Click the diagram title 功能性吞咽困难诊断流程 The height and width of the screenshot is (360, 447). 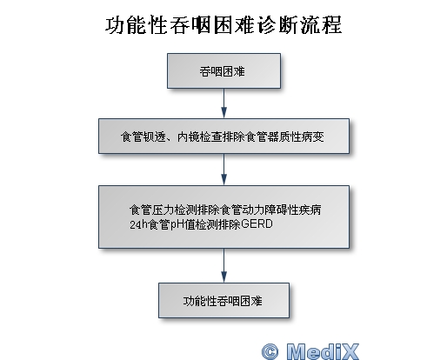223,25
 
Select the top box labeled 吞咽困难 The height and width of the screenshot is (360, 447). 223,71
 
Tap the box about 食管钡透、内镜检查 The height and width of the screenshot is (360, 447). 223,136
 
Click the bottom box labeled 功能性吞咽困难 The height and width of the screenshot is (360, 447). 223,300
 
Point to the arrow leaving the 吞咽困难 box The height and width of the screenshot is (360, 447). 223,103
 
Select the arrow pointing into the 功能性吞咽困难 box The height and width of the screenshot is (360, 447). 223,265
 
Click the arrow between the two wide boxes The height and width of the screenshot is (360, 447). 223,170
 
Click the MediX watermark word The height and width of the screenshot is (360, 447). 323,351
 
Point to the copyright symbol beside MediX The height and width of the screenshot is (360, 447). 270,351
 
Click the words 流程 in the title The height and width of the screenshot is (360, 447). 321,25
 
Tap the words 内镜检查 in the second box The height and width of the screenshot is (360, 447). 199,137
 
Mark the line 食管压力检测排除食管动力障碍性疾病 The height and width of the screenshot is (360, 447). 225,210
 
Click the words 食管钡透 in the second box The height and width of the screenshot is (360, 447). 143,137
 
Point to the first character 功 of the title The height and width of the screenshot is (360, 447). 115,25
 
